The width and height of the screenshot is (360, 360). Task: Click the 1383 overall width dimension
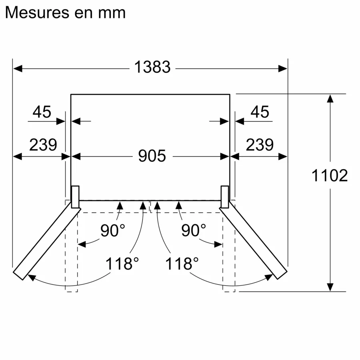(x=152, y=67)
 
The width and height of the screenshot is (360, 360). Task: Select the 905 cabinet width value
(x=152, y=156)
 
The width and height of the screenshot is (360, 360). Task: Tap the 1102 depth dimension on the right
(x=330, y=175)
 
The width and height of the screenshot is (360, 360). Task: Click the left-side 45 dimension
(x=42, y=112)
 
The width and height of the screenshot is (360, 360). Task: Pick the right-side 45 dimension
(x=260, y=112)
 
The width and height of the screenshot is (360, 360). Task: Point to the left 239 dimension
(x=43, y=145)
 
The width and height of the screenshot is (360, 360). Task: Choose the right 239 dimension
(x=260, y=145)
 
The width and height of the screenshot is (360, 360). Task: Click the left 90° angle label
(x=112, y=231)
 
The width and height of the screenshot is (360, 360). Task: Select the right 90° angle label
(x=194, y=231)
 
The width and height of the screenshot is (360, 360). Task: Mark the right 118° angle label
(x=182, y=264)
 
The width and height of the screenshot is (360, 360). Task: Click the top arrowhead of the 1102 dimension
(x=330, y=98)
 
